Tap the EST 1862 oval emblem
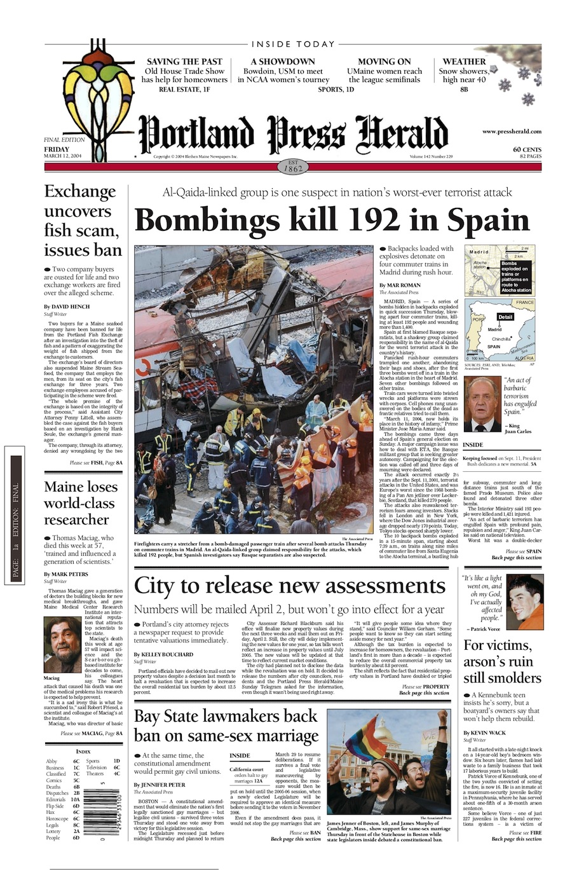pos(293,167)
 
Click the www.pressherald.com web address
pos(512,132)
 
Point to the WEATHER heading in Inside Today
pos(464,62)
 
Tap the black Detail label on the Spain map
pos(505,317)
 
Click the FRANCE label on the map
pos(525,303)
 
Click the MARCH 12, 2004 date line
pos(67,156)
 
